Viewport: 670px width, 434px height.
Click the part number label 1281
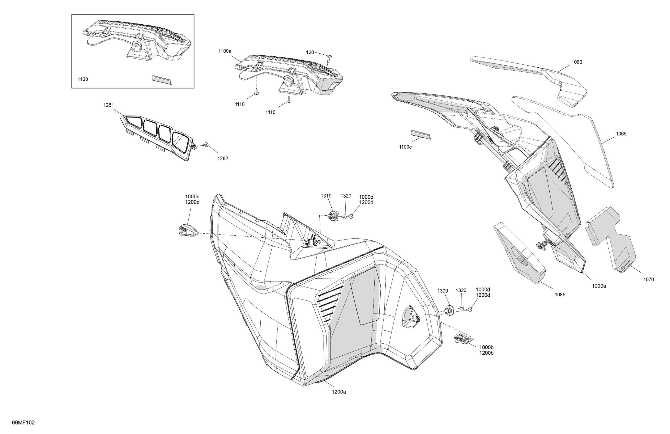pyautogui.click(x=108, y=105)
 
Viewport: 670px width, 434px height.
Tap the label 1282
pyautogui.click(x=223, y=159)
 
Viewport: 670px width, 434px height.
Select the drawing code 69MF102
pyautogui.click(x=23, y=423)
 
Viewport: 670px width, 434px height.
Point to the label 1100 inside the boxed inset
pyautogui.click(x=83, y=79)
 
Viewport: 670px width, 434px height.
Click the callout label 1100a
pyautogui.click(x=225, y=51)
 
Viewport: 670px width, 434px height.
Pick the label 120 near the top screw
pyautogui.click(x=310, y=52)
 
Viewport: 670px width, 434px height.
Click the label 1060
pyautogui.click(x=576, y=62)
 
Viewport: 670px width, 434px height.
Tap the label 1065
pyautogui.click(x=621, y=134)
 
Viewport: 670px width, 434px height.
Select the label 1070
pyautogui.click(x=649, y=279)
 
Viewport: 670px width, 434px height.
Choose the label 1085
pyautogui.click(x=560, y=295)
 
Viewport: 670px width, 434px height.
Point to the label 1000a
pyautogui.click(x=599, y=286)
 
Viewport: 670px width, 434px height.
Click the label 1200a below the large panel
pyautogui.click(x=339, y=392)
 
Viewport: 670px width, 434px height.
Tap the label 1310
pyautogui.click(x=326, y=196)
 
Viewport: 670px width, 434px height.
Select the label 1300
pyautogui.click(x=443, y=291)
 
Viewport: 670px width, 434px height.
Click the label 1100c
pyautogui.click(x=405, y=147)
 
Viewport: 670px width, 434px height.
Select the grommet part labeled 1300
pyautogui.click(x=448, y=310)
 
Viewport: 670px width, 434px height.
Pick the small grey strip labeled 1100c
pyautogui.click(x=421, y=135)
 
